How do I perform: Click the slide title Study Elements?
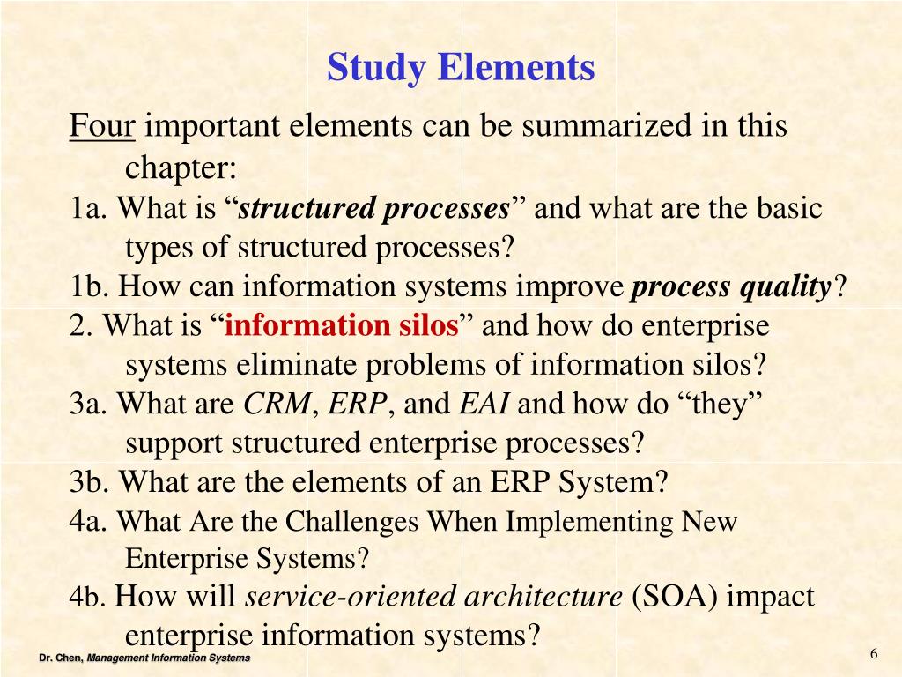[x=461, y=68]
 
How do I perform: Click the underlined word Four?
[x=102, y=126]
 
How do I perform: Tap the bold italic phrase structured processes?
[x=374, y=209]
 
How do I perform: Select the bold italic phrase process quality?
[x=733, y=286]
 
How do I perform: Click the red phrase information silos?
[x=342, y=326]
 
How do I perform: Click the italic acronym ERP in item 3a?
[x=357, y=404]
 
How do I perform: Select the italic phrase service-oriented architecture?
[x=433, y=598]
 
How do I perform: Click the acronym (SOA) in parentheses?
[x=675, y=598]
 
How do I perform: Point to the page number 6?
[x=874, y=653]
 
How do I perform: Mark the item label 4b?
[x=88, y=598]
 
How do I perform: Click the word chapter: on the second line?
[x=181, y=167]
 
